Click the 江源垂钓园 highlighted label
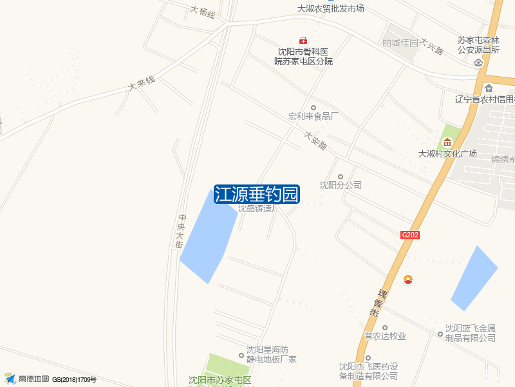(257, 194)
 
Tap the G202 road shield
(409, 235)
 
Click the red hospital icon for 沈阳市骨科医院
(303, 41)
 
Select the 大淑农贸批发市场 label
(331, 8)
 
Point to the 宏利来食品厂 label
(314, 117)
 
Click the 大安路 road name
(317, 141)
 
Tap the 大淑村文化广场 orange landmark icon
(447, 142)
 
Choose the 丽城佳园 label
(400, 43)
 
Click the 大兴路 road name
(432, 46)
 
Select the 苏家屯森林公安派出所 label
(479, 44)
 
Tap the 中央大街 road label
(182, 231)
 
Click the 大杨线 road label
(203, 12)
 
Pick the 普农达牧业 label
(385, 336)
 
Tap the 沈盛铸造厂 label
(256, 208)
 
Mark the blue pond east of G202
(474, 277)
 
